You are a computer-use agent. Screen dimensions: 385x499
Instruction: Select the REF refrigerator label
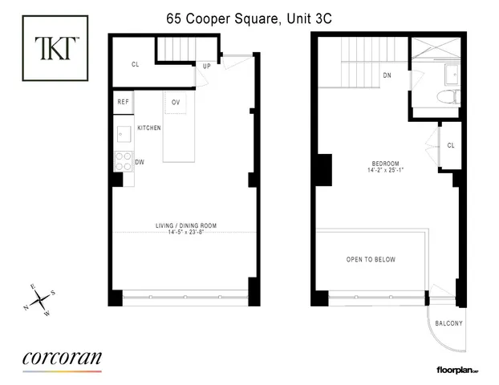pos(124,102)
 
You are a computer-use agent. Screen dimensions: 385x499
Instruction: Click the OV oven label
pos(175,102)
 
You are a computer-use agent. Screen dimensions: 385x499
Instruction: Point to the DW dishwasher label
pos(139,162)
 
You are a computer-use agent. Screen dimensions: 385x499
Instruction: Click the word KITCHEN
pos(149,128)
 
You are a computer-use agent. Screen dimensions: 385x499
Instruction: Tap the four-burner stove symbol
pos(124,162)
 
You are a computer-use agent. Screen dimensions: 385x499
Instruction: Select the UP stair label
pos(206,67)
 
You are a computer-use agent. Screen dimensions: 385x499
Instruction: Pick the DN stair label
pos(387,76)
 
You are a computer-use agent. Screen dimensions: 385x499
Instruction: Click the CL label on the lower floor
pos(136,66)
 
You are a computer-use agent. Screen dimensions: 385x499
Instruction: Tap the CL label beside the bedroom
pos(451,145)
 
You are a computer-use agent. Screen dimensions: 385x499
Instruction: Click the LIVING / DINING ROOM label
pos(185,225)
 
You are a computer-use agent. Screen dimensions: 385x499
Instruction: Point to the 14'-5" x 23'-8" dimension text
pos(185,233)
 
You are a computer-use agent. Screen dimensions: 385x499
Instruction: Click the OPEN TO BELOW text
pos(371,260)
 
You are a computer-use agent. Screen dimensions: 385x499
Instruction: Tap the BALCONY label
pos(448,323)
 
